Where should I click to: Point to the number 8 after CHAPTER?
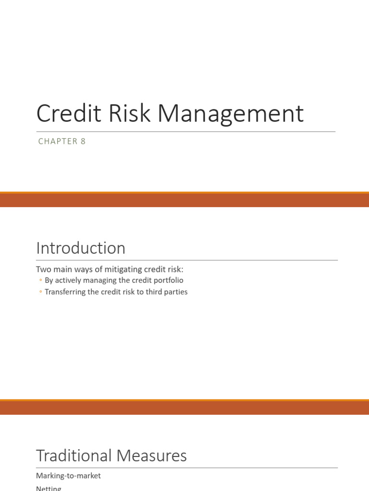click(83, 141)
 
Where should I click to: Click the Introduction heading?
click(81, 248)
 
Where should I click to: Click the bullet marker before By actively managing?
click(40, 281)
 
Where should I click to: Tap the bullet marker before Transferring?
click(40, 292)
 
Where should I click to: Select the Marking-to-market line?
click(68, 476)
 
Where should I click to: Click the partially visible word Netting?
click(49, 488)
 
